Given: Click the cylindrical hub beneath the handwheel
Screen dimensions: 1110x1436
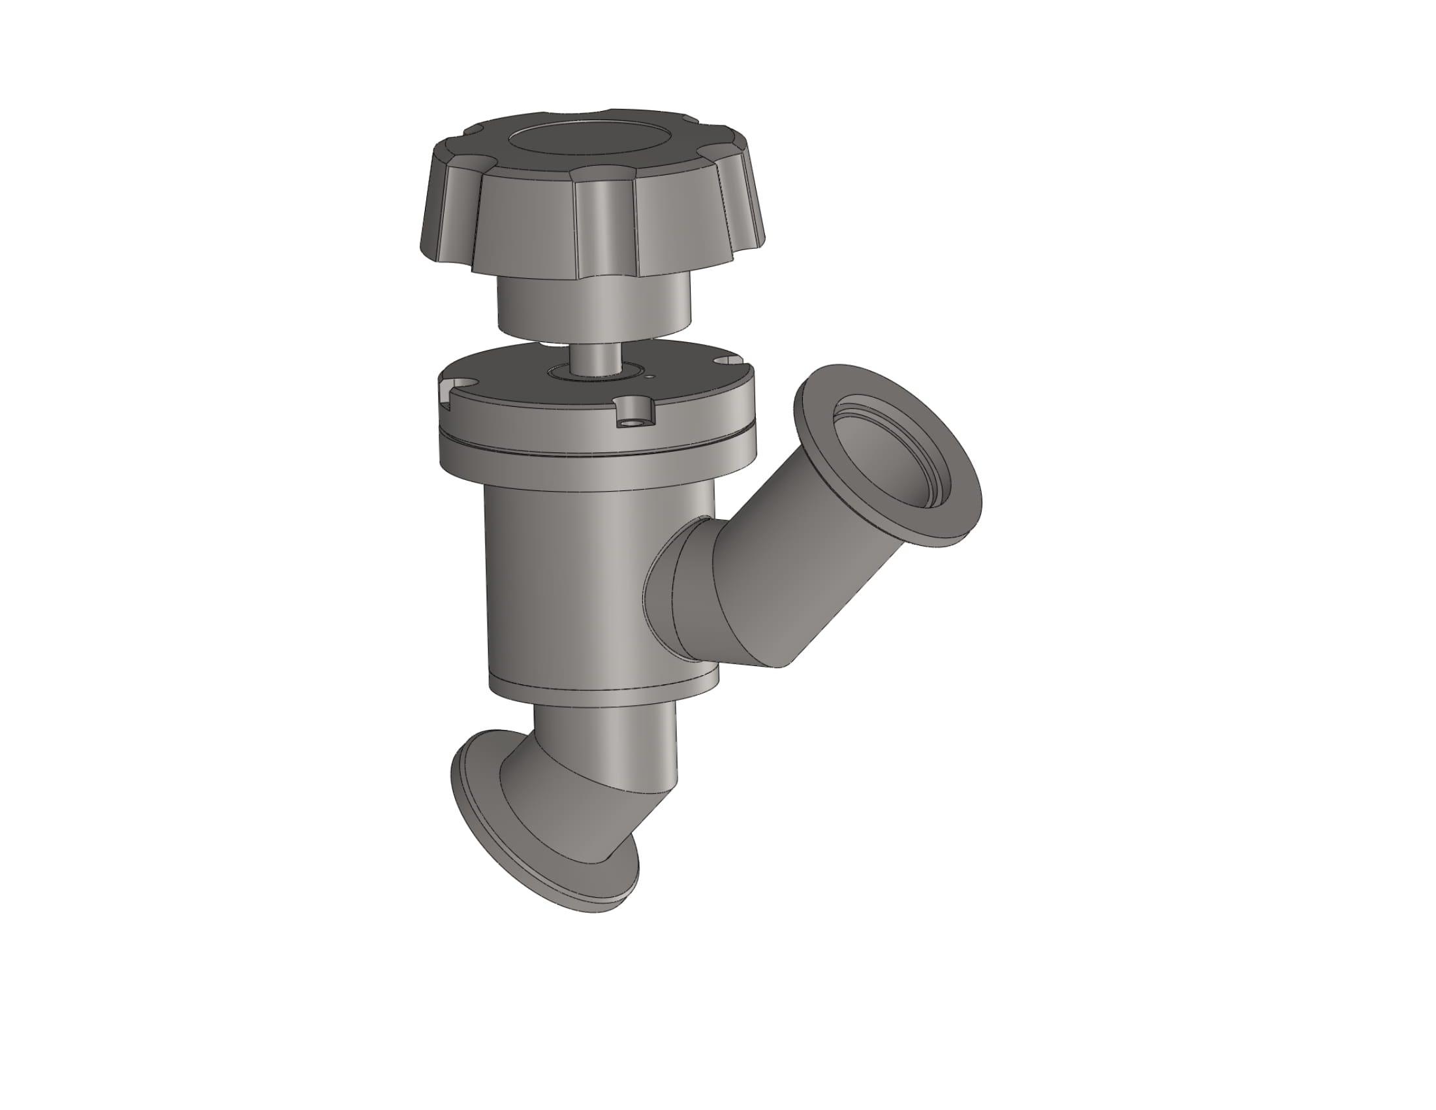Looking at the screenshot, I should coord(593,305).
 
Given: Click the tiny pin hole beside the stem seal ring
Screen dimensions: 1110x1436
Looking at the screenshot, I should coord(649,377).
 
